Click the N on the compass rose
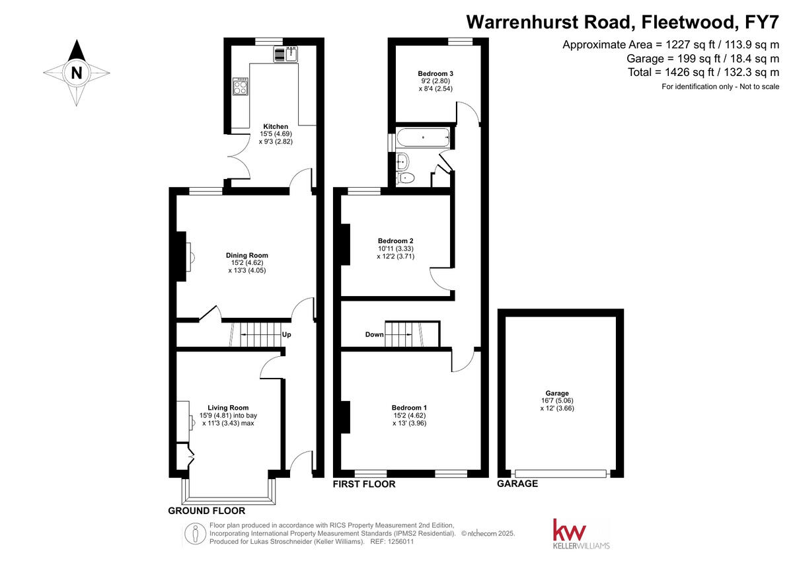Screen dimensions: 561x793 click(77, 73)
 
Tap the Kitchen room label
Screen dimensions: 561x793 click(276, 126)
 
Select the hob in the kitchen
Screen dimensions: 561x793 click(241, 87)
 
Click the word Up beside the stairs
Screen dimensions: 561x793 click(287, 335)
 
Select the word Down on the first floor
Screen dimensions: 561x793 click(374, 335)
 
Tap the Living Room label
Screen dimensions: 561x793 click(228, 408)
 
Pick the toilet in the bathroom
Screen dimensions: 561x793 click(406, 177)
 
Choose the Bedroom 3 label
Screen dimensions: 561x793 click(435, 73)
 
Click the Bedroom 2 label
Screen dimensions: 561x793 click(395, 241)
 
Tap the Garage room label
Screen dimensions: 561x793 click(556, 393)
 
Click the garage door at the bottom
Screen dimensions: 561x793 click(560, 472)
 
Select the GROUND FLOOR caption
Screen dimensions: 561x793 click(206, 511)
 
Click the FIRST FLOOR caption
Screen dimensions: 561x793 click(363, 484)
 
